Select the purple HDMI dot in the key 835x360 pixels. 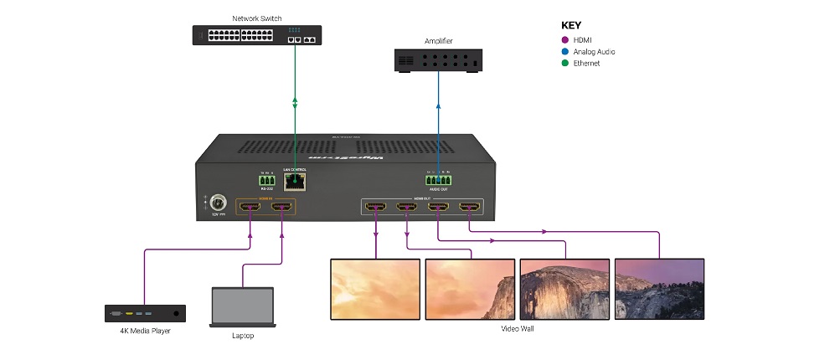565,40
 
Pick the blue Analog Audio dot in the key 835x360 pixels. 565,52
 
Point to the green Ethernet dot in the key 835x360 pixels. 565,64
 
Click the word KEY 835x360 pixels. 570,26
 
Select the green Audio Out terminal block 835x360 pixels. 437,179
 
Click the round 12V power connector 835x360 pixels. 219,204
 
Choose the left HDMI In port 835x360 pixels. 251,207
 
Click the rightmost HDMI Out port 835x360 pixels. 469,207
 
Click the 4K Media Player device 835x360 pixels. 145,314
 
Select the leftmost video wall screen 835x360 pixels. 375,288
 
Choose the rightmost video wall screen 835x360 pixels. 659,288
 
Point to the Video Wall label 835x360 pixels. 518,329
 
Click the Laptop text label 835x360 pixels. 242,337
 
